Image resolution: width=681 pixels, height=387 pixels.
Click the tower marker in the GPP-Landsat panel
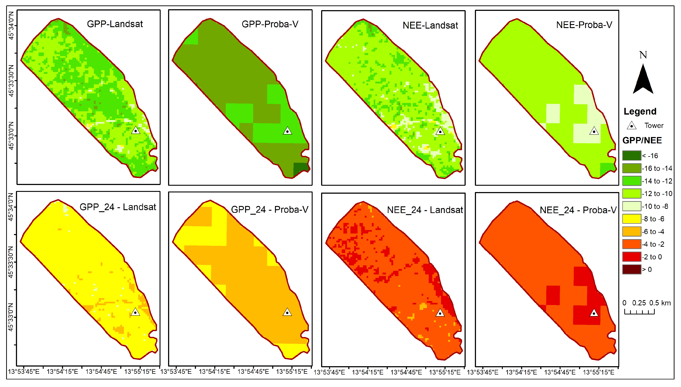(x=136, y=131)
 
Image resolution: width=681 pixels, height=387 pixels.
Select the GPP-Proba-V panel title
(x=270, y=24)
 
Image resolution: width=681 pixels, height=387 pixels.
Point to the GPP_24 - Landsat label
(x=118, y=207)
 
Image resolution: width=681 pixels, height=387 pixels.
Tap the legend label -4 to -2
(x=653, y=244)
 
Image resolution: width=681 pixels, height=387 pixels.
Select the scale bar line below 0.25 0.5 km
(x=639, y=313)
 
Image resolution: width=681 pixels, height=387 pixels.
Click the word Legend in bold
(x=640, y=111)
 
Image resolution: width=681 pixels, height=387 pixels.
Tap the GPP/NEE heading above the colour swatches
(x=642, y=140)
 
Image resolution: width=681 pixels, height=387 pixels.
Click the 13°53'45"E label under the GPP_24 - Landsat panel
(x=24, y=371)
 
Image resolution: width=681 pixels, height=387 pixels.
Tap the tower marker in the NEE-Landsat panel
(x=440, y=131)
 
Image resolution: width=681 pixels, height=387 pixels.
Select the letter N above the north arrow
(x=643, y=55)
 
